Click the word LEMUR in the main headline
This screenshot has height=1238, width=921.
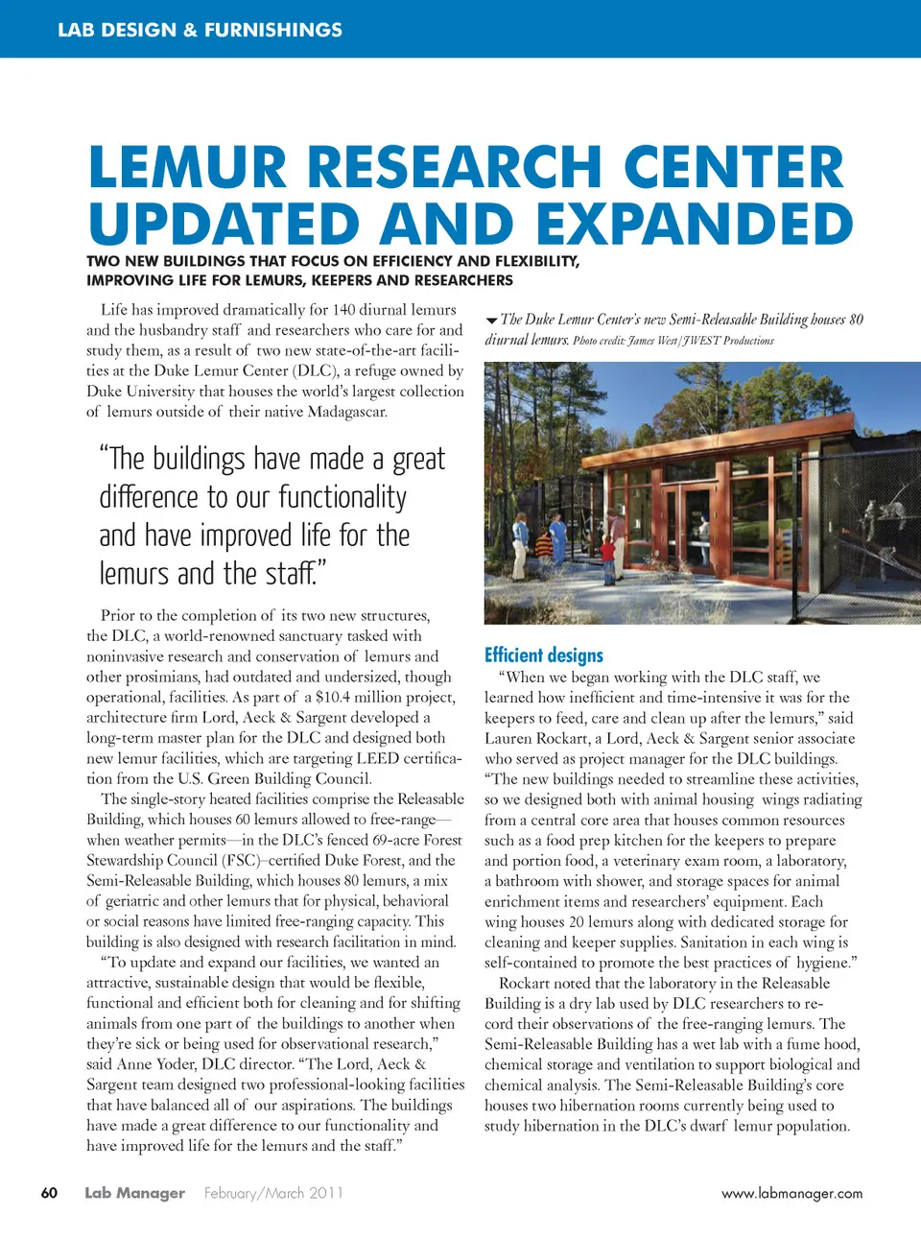tap(187, 167)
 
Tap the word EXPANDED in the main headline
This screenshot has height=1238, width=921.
tap(694, 225)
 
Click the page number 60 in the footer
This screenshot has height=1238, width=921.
tap(49, 1193)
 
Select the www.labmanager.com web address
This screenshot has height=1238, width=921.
tap(791, 1194)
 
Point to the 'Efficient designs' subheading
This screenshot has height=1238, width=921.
tap(544, 655)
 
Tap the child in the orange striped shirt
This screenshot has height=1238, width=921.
tap(544, 546)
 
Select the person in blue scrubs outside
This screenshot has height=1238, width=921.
tap(558, 537)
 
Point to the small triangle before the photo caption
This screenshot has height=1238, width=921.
tap(491, 321)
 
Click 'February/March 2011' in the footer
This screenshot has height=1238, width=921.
tap(273, 1193)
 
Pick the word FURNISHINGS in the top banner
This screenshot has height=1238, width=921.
tap(273, 30)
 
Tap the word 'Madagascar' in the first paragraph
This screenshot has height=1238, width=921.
tap(347, 412)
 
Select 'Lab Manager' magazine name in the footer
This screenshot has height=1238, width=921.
tap(134, 1193)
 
